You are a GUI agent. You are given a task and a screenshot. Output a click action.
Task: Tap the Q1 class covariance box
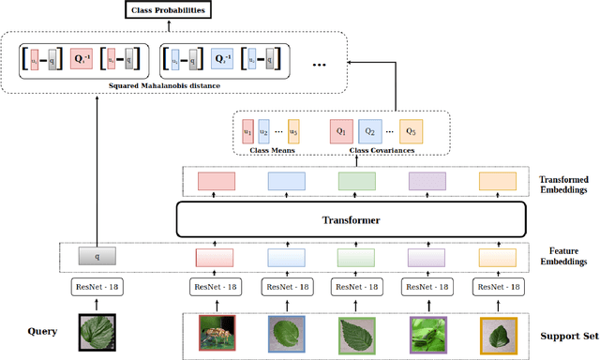(340, 131)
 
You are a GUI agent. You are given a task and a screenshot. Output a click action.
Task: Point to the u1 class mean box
(248, 131)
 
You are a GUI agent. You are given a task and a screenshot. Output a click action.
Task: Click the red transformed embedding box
(216, 181)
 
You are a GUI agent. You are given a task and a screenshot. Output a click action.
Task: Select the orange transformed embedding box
(497, 181)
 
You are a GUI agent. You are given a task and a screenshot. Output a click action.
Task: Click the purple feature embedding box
(427, 257)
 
